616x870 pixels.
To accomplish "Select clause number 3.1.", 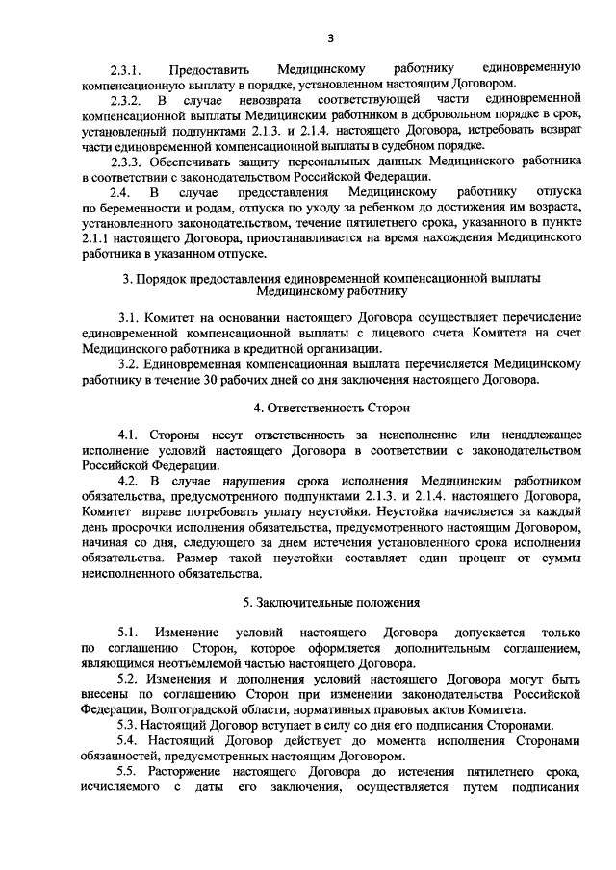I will point(130,317).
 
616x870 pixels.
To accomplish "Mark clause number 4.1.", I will point(129,435).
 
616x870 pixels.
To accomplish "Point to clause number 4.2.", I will point(130,481).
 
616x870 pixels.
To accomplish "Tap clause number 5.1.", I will point(129,632).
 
